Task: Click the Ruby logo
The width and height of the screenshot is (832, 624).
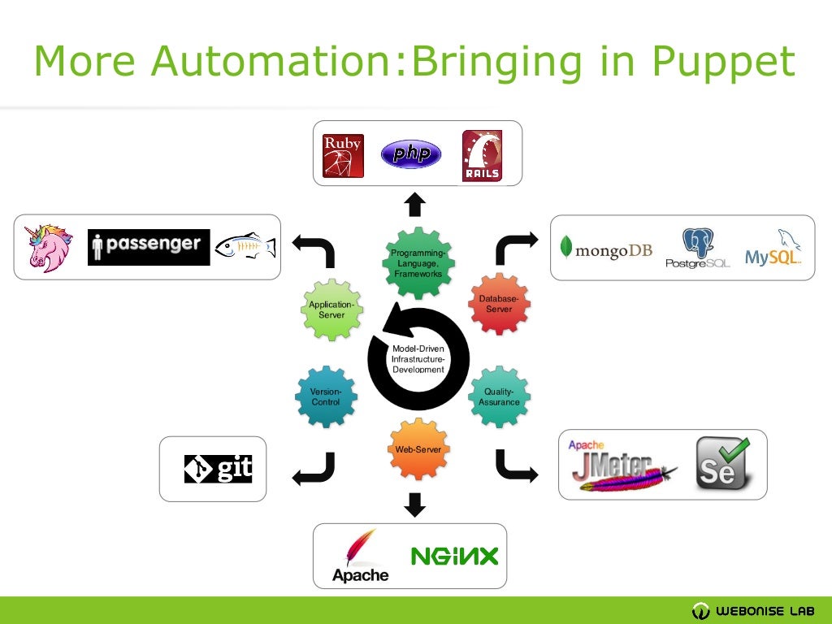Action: [343, 155]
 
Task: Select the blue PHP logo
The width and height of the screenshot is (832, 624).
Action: [411, 154]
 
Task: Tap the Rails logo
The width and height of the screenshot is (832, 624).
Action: [482, 155]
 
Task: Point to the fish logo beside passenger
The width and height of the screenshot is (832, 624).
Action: [245, 246]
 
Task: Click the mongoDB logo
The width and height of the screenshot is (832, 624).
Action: [607, 249]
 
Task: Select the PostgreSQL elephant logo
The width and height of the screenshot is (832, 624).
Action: [697, 248]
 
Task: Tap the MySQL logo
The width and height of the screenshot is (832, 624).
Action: [773, 248]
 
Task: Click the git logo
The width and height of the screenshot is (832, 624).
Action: [218, 469]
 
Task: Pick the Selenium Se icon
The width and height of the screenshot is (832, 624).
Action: [722, 464]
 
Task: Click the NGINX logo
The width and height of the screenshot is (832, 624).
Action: [454, 557]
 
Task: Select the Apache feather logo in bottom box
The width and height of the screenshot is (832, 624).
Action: [360, 556]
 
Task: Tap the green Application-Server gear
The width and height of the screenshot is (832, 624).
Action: [332, 310]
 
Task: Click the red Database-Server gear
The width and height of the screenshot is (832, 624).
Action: [499, 304]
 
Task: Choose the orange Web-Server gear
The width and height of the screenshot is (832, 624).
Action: [418, 449]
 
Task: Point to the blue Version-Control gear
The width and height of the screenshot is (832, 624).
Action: [326, 396]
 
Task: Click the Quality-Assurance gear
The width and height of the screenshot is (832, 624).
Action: [500, 396]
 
